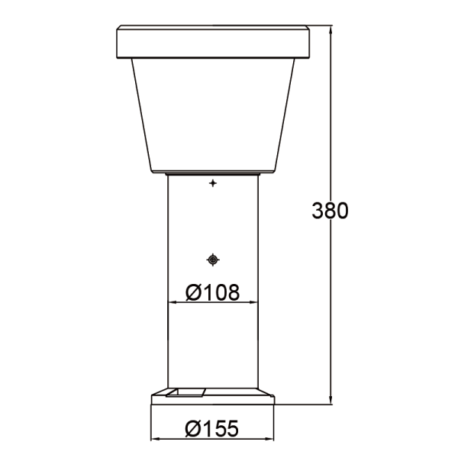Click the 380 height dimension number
(x=331, y=211)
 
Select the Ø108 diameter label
(x=213, y=292)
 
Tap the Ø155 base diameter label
(x=212, y=429)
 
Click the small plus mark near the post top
(x=213, y=184)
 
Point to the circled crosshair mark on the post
(x=213, y=260)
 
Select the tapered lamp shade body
(x=213, y=114)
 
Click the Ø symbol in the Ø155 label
(x=193, y=429)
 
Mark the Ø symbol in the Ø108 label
(x=194, y=292)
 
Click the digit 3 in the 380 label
(x=319, y=211)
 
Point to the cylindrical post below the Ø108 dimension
(x=213, y=343)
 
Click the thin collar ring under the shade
(x=213, y=173)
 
